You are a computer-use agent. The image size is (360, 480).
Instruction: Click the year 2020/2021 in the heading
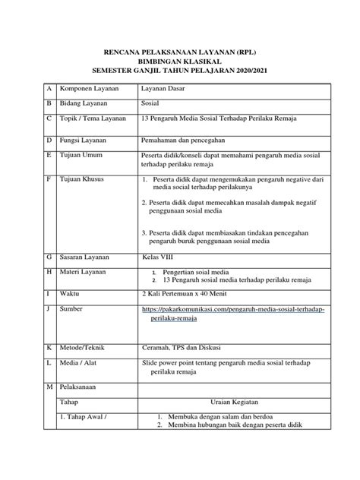pyautogui.click(x=251, y=71)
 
